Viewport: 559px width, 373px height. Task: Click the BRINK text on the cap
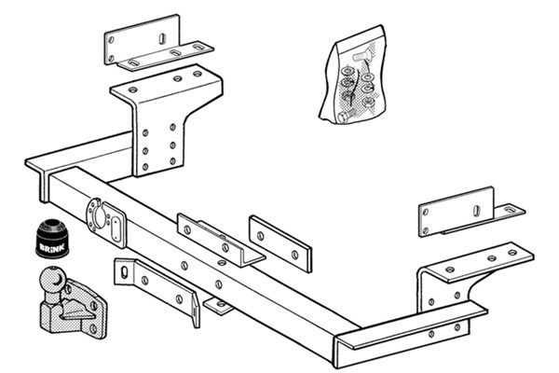[x=52, y=247]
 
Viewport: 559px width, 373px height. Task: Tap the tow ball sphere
[x=52, y=280]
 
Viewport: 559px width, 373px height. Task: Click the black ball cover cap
[x=52, y=238]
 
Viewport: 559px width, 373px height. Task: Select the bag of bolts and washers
[x=354, y=76]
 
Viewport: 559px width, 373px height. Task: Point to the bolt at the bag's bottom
[x=345, y=117]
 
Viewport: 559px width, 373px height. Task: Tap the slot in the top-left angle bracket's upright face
[x=162, y=38]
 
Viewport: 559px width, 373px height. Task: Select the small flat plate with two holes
[x=280, y=243]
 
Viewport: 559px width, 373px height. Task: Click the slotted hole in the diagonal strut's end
[x=124, y=272]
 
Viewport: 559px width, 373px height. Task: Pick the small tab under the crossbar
[x=218, y=306]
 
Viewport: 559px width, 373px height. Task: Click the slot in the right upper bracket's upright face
[x=477, y=211]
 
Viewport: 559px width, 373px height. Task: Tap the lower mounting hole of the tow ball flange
[x=93, y=328]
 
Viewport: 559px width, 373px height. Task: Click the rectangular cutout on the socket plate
[x=116, y=228]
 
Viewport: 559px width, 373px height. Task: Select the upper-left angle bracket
[x=158, y=43]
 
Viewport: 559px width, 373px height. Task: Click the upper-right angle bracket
[x=471, y=214]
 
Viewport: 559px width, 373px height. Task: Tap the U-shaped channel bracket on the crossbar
[x=221, y=240]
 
